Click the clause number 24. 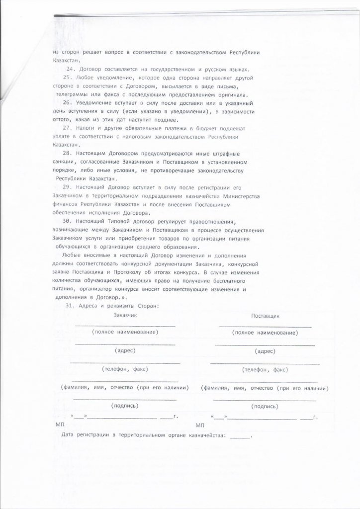(x=71, y=69)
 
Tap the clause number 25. (x=68, y=78)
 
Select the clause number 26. (x=68, y=101)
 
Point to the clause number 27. (x=70, y=128)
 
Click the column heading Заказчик (x=125, y=315)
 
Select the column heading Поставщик (x=265, y=315)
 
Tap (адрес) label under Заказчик (x=125, y=350)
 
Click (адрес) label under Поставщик (x=265, y=350)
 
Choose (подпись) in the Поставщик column (x=265, y=406)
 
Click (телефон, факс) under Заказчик (x=125, y=369)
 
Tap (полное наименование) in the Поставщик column (x=265, y=332)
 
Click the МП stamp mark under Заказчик (x=60, y=425)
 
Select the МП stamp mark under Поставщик (x=200, y=425)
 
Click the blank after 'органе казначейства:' (x=241, y=436)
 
